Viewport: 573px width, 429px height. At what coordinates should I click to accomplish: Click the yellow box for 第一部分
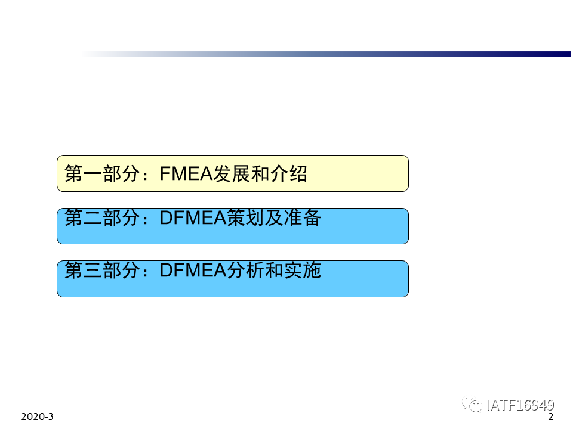click(232, 173)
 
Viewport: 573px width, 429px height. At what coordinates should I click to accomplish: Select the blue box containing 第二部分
click(232, 226)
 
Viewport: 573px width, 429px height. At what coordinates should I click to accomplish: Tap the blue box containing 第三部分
click(232, 279)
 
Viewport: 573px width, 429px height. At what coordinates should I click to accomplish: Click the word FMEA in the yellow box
click(186, 173)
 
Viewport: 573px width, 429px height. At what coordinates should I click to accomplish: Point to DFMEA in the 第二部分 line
click(193, 218)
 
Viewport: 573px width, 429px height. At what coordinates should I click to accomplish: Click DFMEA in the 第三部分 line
click(193, 271)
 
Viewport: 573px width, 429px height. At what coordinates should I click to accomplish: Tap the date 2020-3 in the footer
click(37, 416)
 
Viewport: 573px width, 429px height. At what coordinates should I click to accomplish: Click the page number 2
click(551, 416)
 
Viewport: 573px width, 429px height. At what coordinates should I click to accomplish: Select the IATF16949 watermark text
click(520, 405)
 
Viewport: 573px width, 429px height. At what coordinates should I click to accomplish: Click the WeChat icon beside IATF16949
click(472, 405)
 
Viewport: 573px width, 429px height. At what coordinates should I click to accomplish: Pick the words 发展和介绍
click(260, 173)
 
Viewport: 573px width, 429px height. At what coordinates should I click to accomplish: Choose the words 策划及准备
click(274, 218)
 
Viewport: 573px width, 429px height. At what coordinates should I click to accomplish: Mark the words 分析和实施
click(274, 271)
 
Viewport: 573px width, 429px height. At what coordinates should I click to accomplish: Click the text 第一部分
click(102, 173)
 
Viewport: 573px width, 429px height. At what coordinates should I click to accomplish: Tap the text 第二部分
click(102, 218)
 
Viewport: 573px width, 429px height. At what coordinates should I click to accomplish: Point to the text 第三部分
click(102, 271)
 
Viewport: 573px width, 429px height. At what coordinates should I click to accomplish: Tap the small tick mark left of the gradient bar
click(81, 54)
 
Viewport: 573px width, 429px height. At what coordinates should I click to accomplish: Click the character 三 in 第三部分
click(93, 271)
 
